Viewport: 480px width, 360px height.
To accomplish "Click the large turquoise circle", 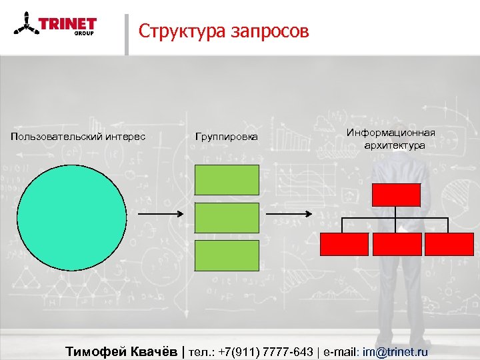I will pyautogui.click(x=71, y=217).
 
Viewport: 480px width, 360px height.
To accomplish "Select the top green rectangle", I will pyautogui.click(x=227, y=180).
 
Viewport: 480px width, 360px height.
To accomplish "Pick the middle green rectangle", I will pyautogui.click(x=227, y=217).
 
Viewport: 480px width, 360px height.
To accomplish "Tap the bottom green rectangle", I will pyautogui.click(x=227, y=255).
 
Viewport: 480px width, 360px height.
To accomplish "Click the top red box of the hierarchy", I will pyautogui.click(x=396, y=195).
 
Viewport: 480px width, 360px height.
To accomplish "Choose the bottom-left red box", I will pyautogui.click(x=344, y=244).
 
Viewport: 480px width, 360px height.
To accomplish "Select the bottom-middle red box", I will pyautogui.click(x=397, y=244).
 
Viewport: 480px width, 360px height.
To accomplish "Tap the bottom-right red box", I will pyautogui.click(x=449, y=244).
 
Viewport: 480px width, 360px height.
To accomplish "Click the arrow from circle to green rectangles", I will pyautogui.click(x=159, y=214).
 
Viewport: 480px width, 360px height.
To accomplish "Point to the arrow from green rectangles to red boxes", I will pyautogui.click(x=288, y=214).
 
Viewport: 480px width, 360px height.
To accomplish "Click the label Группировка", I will pyautogui.click(x=226, y=137).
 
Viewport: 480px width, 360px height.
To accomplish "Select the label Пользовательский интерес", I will pyautogui.click(x=78, y=137).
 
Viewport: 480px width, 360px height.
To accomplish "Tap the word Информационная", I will pyautogui.click(x=391, y=133).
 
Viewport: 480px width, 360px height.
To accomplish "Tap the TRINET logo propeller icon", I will pyautogui.click(x=25, y=27).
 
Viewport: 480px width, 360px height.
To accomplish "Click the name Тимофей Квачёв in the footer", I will pyautogui.click(x=123, y=351).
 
